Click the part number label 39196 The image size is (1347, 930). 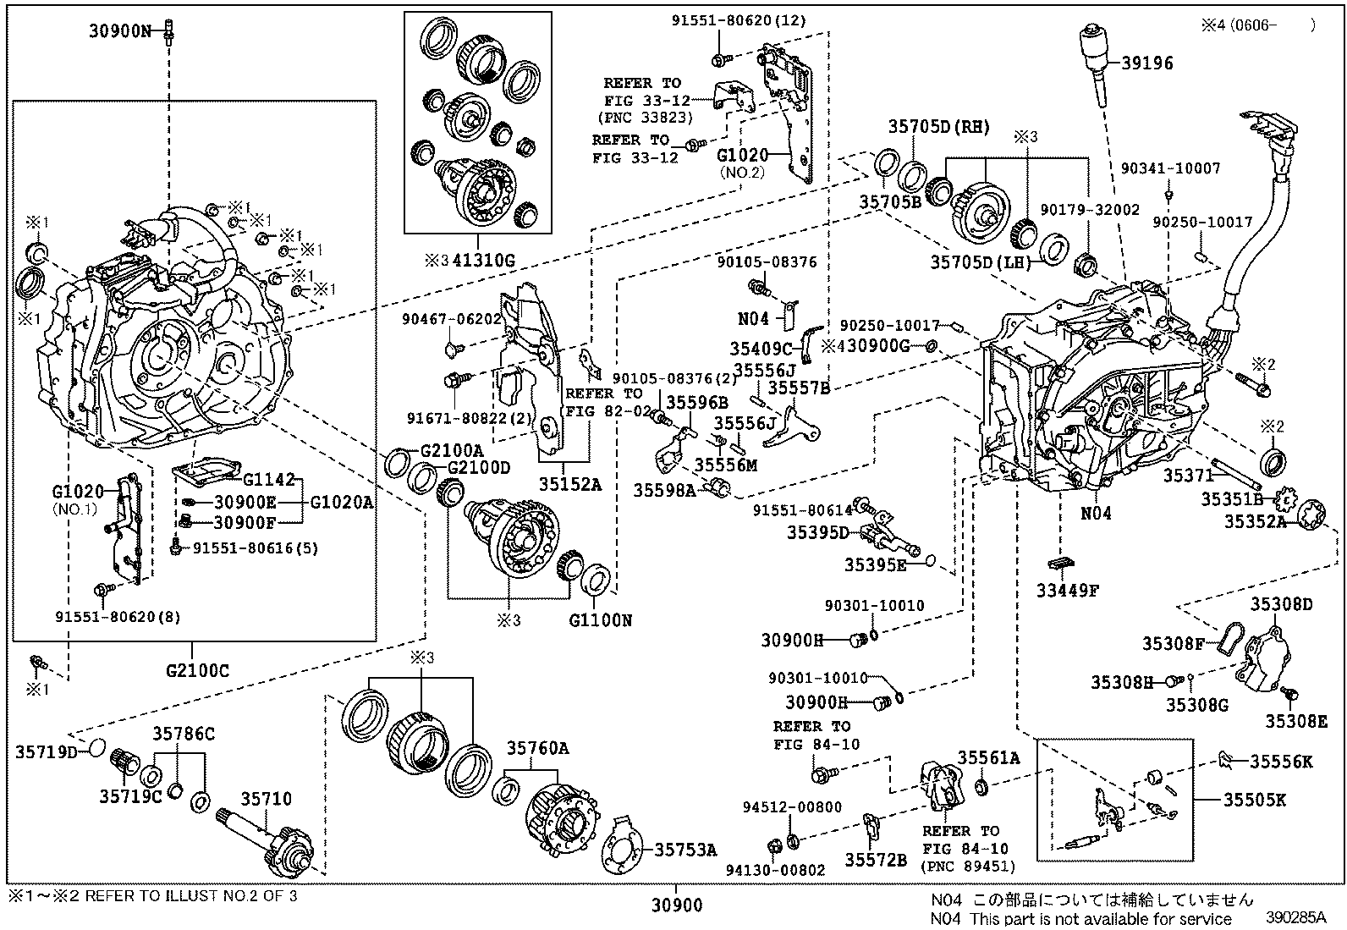click(1147, 63)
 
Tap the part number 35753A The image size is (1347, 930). click(685, 850)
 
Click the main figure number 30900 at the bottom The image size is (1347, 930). click(677, 906)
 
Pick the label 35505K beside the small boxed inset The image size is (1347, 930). click(1255, 798)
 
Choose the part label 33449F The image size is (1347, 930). click(1068, 591)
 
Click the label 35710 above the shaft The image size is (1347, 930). click(266, 799)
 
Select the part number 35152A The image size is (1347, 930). click(571, 484)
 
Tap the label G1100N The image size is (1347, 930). click(600, 620)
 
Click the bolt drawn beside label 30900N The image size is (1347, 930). click(169, 30)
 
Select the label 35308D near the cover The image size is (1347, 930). click(1282, 604)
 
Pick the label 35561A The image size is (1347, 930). click(988, 757)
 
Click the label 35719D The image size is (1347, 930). click(47, 751)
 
